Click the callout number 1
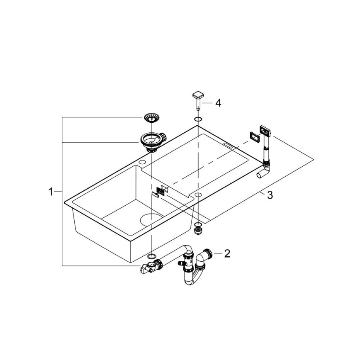click(51, 192)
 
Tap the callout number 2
click(227, 253)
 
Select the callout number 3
click(270, 195)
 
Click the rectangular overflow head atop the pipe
click(264, 131)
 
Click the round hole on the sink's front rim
click(198, 194)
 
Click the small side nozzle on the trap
click(181, 263)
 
